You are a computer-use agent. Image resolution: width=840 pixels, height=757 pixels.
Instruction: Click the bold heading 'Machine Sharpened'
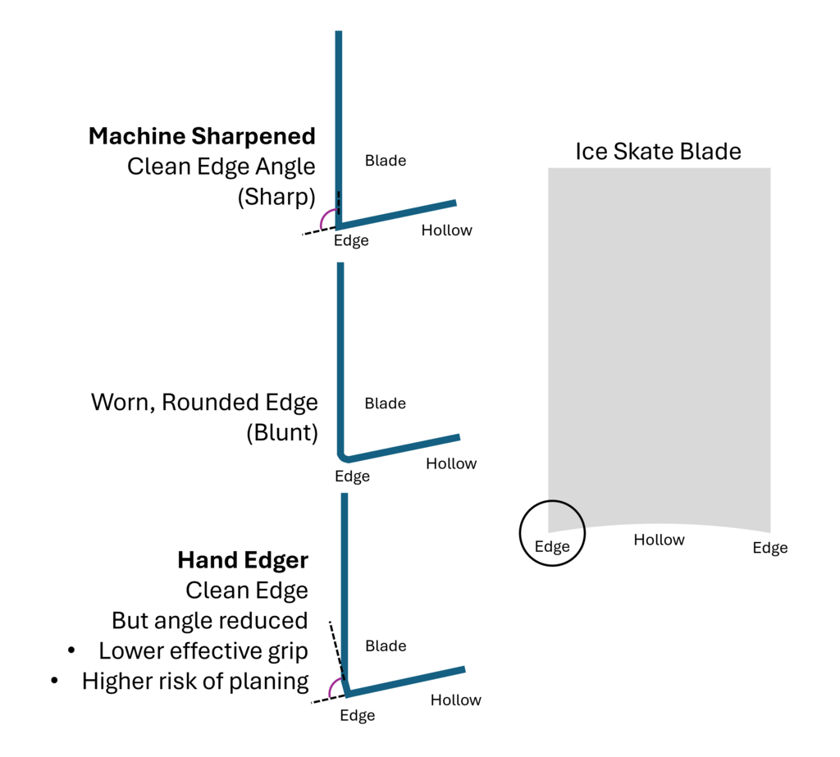(x=202, y=135)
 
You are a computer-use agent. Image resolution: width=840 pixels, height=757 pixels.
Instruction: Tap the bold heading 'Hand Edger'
(x=243, y=560)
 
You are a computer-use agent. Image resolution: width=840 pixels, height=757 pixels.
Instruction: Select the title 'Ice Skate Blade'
(x=658, y=152)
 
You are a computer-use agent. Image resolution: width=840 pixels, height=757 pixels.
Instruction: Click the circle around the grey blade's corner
(x=552, y=533)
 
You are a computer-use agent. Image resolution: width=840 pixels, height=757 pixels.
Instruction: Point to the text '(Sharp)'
(x=276, y=198)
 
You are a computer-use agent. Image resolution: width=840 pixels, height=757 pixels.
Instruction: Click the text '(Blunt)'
(x=282, y=433)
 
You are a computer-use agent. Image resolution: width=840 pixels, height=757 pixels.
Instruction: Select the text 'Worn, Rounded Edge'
(x=204, y=403)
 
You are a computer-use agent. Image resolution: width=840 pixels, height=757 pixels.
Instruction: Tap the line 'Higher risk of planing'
(x=195, y=681)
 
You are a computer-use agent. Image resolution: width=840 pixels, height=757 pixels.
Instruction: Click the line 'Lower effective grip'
(x=203, y=651)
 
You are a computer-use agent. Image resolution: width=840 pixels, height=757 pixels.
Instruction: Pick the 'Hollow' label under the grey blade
(x=659, y=540)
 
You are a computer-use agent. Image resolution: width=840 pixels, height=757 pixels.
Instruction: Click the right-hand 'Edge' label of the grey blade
(x=770, y=548)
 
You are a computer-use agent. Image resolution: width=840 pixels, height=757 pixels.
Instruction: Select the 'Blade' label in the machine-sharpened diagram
(x=386, y=161)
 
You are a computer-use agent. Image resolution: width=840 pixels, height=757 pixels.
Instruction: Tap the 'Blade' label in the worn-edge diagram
(x=386, y=404)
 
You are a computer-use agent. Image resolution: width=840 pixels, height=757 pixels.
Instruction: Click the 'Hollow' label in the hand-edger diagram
(x=456, y=700)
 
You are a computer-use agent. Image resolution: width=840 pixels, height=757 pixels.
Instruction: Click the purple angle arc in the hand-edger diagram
(x=332, y=689)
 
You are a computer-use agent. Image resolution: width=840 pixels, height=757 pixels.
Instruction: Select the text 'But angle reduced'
(x=210, y=620)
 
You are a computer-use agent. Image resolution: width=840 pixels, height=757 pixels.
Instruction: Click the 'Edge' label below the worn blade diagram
(x=352, y=477)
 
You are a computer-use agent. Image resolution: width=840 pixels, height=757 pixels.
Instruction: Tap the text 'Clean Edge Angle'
(x=221, y=166)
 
